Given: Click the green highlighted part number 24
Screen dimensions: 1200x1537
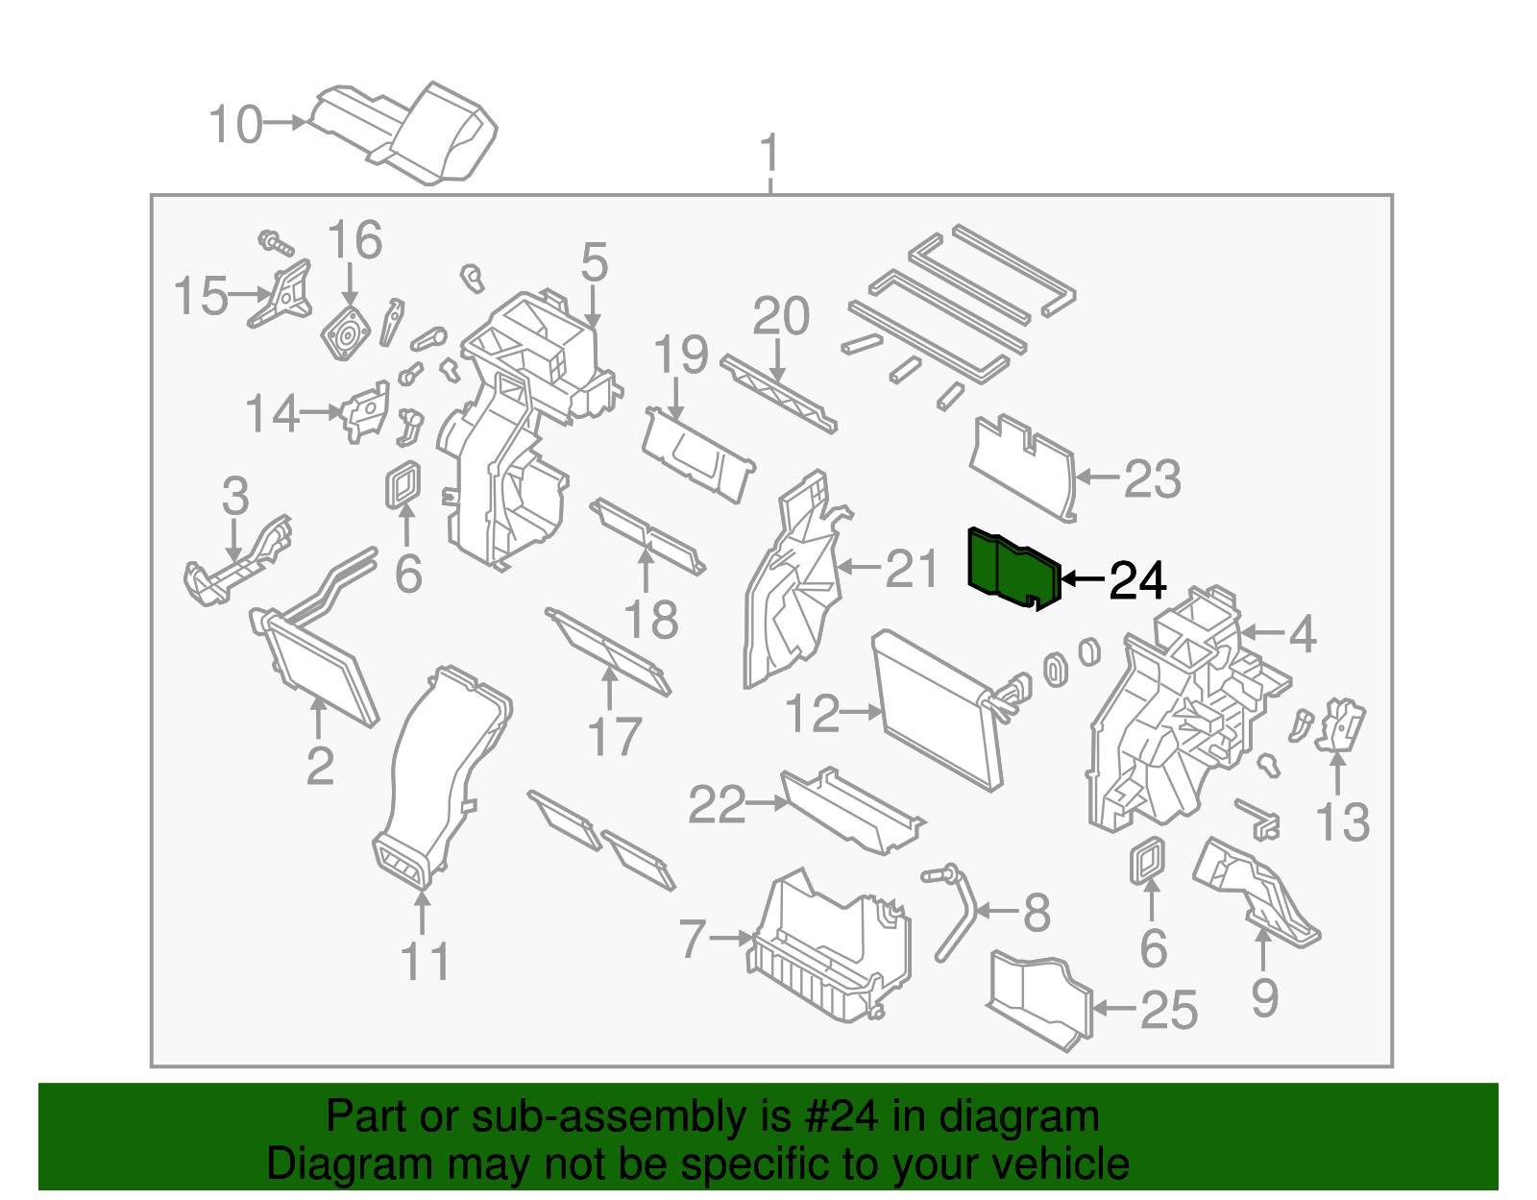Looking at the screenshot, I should (1013, 569).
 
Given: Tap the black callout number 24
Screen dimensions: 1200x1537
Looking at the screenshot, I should (1137, 580).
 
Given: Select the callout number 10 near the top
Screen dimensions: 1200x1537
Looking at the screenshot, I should (235, 125).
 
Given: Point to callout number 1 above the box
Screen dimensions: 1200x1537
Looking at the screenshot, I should (769, 154).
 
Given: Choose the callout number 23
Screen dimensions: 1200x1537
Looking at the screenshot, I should (1152, 478).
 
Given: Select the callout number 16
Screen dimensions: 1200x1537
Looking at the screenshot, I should (354, 240).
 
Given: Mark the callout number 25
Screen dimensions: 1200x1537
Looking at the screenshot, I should (1169, 1010).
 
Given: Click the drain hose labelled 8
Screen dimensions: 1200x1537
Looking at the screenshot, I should (958, 913).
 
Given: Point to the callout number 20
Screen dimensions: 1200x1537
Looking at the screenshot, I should (781, 316).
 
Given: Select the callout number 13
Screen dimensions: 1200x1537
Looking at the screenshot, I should (1342, 822).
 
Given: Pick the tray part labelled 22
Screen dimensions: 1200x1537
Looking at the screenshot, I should (850, 812).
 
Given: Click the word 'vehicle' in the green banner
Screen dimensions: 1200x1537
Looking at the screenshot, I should (1066, 1164).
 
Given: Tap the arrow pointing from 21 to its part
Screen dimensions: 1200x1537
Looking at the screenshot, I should (860, 568).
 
